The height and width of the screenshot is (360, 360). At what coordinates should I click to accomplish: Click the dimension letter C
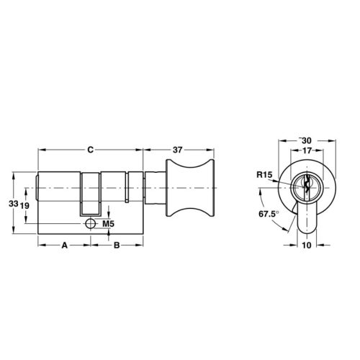click(89, 149)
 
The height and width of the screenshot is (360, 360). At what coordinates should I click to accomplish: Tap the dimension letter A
click(64, 245)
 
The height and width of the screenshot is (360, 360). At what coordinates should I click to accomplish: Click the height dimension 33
click(12, 204)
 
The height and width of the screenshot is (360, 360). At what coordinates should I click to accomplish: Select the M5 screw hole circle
click(90, 224)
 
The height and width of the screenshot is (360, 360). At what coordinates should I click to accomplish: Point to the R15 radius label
click(264, 174)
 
